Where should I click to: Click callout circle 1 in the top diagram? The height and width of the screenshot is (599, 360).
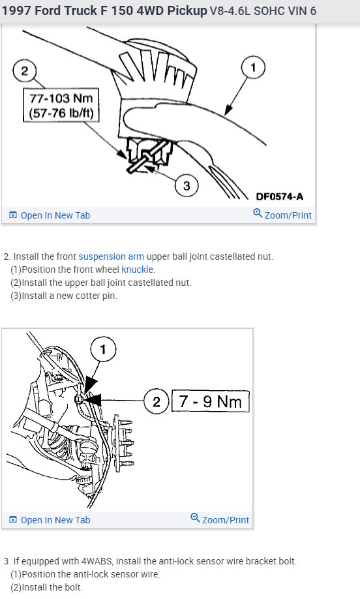253,67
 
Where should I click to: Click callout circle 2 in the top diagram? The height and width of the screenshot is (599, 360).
25,70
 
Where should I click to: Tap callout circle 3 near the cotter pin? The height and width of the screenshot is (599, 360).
187,186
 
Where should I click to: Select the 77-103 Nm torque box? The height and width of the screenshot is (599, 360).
61,106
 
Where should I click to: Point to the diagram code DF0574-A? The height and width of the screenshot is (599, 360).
280,196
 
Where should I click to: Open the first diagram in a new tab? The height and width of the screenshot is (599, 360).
50,215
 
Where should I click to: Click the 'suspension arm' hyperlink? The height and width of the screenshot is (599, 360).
112,256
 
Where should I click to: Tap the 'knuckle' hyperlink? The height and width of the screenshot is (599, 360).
138,269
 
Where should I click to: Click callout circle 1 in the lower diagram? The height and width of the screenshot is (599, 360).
103,349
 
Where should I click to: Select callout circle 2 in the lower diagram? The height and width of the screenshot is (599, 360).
156,401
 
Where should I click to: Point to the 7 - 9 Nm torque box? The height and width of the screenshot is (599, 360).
211,401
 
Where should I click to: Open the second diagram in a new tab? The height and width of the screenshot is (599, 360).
50,520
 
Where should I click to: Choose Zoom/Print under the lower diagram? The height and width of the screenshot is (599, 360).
220,519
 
